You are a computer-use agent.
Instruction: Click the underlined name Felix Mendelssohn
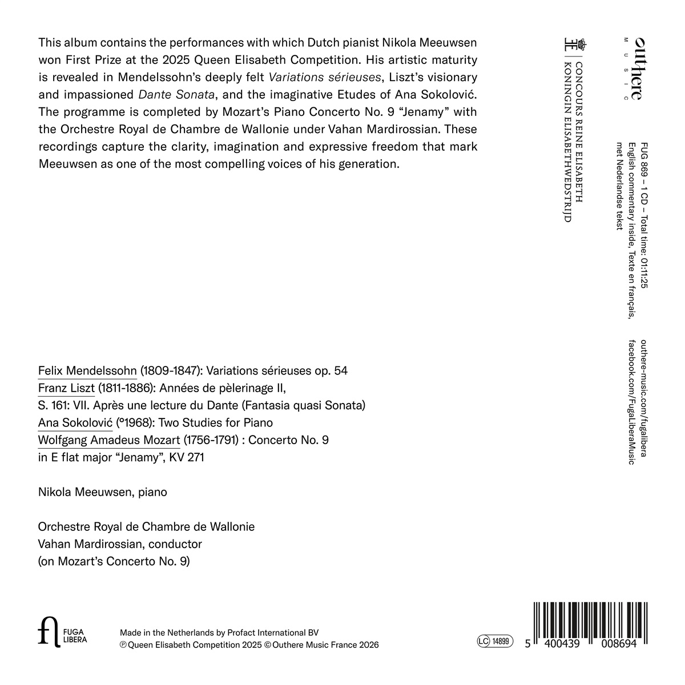point(87,370)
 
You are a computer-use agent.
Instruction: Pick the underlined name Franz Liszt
point(66,388)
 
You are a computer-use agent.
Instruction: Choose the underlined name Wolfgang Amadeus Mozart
point(109,440)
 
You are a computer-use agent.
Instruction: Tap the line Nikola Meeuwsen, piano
point(103,491)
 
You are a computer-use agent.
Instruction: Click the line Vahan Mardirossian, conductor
point(120,544)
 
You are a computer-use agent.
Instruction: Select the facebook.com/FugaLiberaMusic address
point(631,401)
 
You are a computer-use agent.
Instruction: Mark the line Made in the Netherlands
point(219,632)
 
